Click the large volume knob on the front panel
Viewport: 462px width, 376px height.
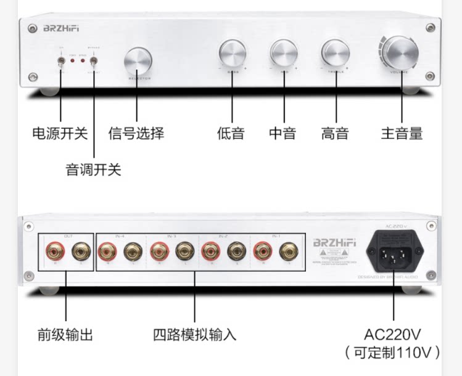click(401, 52)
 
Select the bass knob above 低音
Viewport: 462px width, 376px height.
click(231, 55)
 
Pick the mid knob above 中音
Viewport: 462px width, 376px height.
click(283, 54)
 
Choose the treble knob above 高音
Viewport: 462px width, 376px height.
click(335, 54)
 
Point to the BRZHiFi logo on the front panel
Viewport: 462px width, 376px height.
click(61, 28)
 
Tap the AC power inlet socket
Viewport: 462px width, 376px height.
click(395, 252)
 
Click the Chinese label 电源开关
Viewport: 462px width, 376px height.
click(60, 133)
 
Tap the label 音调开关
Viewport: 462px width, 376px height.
click(94, 170)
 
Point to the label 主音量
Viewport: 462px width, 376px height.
click(402, 133)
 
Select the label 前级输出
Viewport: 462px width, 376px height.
click(65, 335)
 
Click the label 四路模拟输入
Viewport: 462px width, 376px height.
click(195, 335)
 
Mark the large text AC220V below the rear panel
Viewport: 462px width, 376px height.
click(392, 335)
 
